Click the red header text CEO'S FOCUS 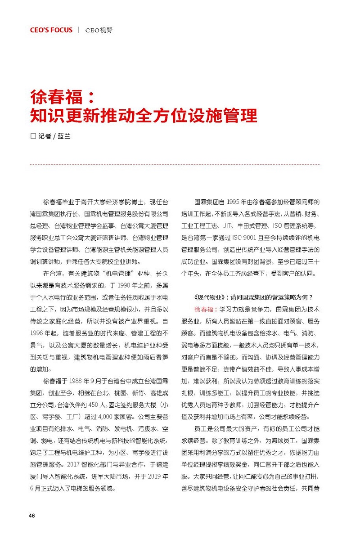pyautogui.click(x=51, y=30)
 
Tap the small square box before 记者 pyautogui.click(x=32, y=136)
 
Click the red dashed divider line pyautogui.click(x=175, y=165)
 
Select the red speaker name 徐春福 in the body pyautogui.click(x=204, y=310)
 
